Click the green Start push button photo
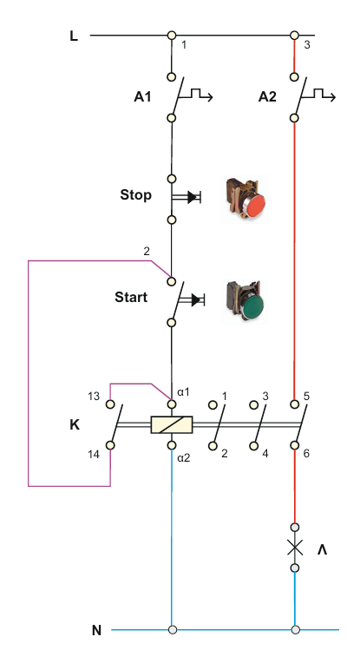245,301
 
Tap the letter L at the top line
74,36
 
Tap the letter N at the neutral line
96,631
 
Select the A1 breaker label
142,97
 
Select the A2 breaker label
267,97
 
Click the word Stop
136,195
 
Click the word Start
131,297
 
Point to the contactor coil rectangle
172,424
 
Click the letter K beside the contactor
75,425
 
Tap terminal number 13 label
94,397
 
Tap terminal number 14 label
94,455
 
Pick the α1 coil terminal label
184,391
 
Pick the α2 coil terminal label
184,458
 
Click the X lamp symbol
295,548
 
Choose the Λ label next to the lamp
323,549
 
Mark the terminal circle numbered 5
295,404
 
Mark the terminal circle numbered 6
295,445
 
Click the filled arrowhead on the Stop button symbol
193,197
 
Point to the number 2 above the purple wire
147,251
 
